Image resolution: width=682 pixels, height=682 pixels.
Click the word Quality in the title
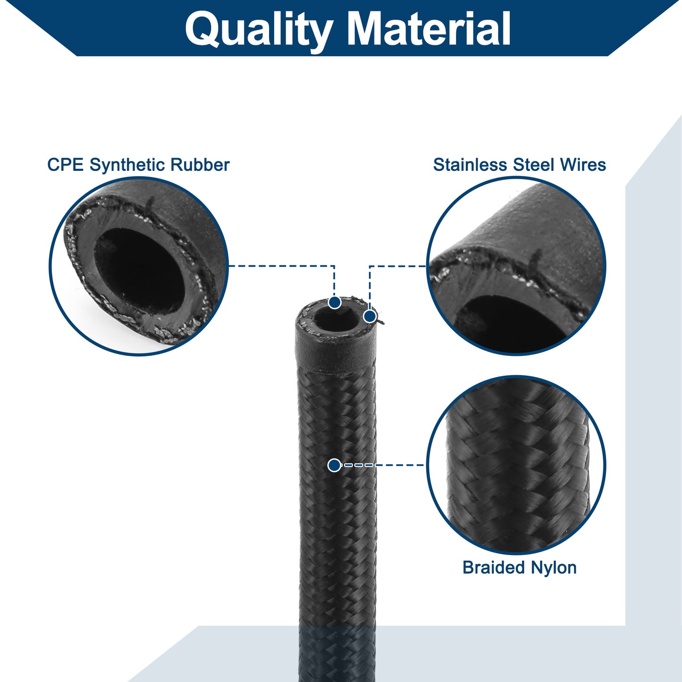click(259, 31)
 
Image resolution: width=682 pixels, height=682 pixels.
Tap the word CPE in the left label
click(65, 165)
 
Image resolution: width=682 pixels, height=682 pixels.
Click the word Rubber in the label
click(200, 165)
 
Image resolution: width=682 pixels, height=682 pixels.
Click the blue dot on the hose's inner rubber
click(335, 303)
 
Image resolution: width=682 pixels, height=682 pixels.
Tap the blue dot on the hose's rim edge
click(370, 316)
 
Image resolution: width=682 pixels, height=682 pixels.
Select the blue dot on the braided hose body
click(335, 465)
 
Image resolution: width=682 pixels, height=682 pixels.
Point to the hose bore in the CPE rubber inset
click(140, 270)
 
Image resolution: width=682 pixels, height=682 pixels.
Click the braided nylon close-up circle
click(516, 465)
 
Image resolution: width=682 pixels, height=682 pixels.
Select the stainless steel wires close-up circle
click(516, 266)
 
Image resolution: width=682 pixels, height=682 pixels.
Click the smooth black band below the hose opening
click(335, 356)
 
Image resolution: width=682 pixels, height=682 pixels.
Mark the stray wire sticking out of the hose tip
click(380, 321)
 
